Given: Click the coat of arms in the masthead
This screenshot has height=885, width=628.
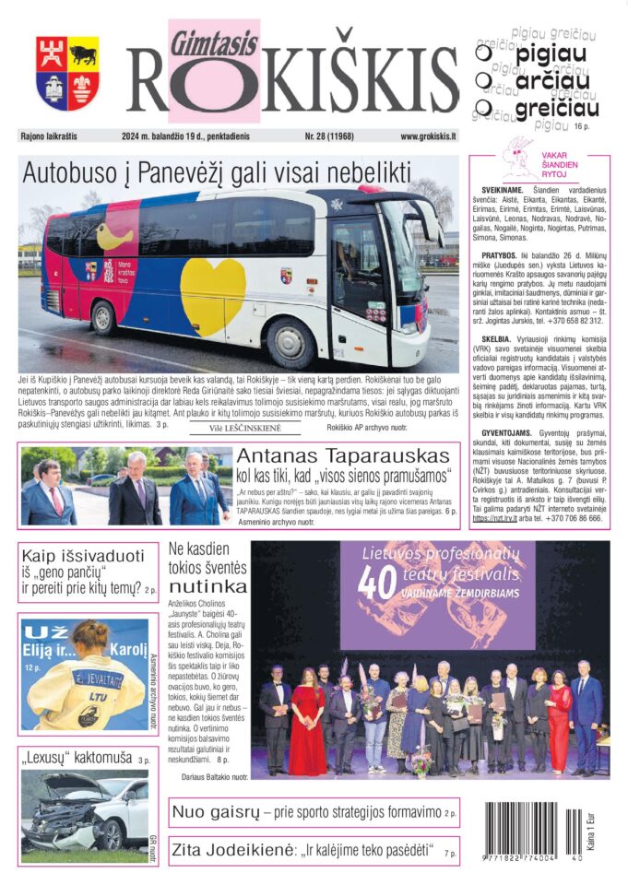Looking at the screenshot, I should pyautogui.click(x=67, y=74).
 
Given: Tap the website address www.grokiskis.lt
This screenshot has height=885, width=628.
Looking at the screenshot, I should pyautogui.click(x=428, y=136).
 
